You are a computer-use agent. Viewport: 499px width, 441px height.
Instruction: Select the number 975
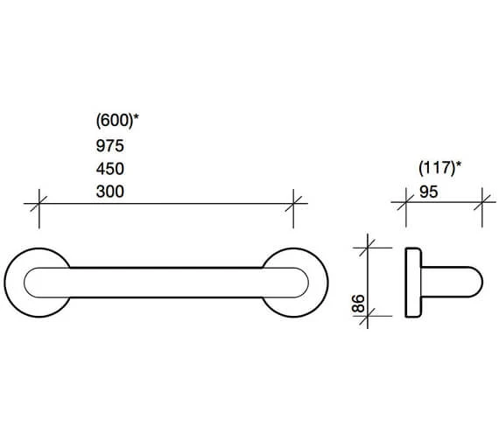pos(109,145)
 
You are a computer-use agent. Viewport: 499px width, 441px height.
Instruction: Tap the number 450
pos(109,168)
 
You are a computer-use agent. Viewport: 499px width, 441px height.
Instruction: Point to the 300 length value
pos(109,191)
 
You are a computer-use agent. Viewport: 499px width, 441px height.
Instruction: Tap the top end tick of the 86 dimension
pos(369,248)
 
